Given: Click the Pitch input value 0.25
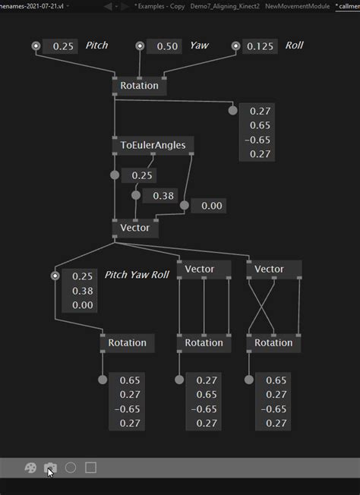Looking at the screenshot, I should click(64, 46).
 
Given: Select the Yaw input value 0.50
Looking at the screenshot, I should click(166, 46).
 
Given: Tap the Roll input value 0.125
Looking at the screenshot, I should click(260, 46).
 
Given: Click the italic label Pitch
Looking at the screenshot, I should click(96, 46).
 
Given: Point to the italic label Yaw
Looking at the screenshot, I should click(199, 46).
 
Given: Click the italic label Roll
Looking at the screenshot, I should click(294, 46).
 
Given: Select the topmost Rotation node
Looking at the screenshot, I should click(139, 86).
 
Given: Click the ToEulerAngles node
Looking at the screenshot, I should click(153, 145).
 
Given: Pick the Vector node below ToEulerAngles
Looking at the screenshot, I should click(135, 227).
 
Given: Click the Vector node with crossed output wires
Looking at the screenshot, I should click(269, 269).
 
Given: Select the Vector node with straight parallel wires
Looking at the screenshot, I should click(199, 269).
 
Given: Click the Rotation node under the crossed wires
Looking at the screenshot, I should click(273, 342).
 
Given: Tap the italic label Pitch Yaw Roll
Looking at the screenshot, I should click(137, 275).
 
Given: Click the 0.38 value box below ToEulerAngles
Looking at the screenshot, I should click(163, 196).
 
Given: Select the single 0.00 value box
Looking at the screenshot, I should click(212, 206).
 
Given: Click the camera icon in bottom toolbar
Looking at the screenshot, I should click(50, 468).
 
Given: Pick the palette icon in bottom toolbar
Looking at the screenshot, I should click(31, 468).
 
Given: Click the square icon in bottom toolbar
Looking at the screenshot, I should click(90, 468).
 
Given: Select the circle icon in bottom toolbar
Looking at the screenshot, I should click(71, 468).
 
